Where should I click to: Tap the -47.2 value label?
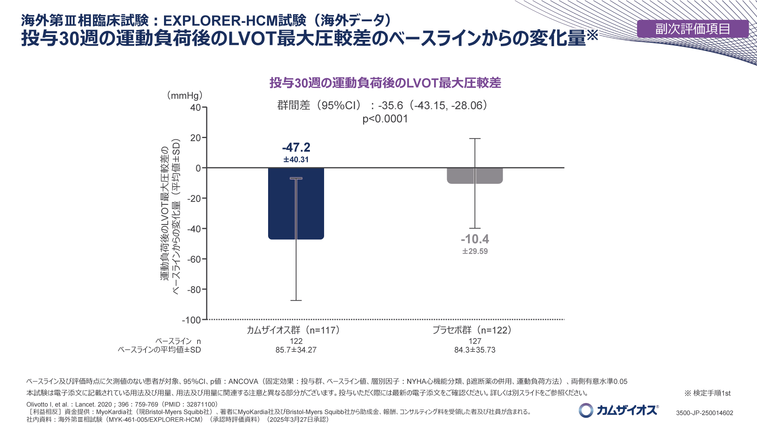click(x=296, y=148)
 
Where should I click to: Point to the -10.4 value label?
click(x=475, y=239)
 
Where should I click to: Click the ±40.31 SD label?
click(x=296, y=160)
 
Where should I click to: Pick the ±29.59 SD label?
click(x=475, y=251)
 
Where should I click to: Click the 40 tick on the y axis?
click(x=196, y=108)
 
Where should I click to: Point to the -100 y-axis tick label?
click(x=192, y=320)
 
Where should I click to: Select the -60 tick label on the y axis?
click(x=194, y=259)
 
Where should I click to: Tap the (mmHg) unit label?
click(x=185, y=95)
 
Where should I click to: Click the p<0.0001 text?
click(x=385, y=119)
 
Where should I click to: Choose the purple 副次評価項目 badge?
click(x=693, y=29)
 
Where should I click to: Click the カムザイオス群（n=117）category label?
click(x=293, y=330)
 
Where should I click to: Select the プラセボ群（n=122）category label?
click(x=472, y=330)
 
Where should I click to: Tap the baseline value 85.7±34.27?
click(x=296, y=350)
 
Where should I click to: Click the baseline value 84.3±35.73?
click(x=475, y=350)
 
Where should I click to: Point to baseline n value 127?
click(x=475, y=341)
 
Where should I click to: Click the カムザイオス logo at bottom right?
click(x=619, y=410)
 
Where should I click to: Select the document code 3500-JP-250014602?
click(x=705, y=413)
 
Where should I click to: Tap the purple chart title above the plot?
click(x=385, y=83)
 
